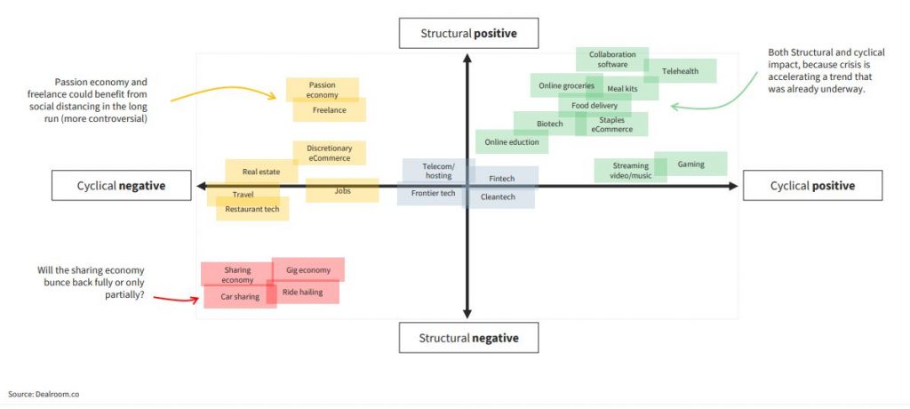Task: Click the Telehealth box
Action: [x=680, y=71]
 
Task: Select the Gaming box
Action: [x=690, y=164]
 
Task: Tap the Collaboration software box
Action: [x=612, y=60]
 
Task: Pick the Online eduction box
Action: [x=512, y=141]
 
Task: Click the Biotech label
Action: [x=549, y=124]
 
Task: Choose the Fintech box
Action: [x=502, y=179]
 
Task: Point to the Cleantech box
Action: [x=499, y=196]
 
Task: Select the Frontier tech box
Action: [x=434, y=194]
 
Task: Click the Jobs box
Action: [x=342, y=190]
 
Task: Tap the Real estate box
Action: [x=261, y=172]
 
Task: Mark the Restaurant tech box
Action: [x=252, y=209]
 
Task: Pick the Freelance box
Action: [x=329, y=109]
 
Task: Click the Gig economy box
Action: [x=308, y=269]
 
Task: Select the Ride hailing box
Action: [x=302, y=292]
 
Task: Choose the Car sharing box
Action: [x=240, y=296]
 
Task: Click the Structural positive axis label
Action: [x=468, y=33]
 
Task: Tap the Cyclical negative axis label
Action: [x=121, y=185]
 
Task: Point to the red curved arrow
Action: [x=177, y=299]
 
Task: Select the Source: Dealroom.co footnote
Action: [x=44, y=394]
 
